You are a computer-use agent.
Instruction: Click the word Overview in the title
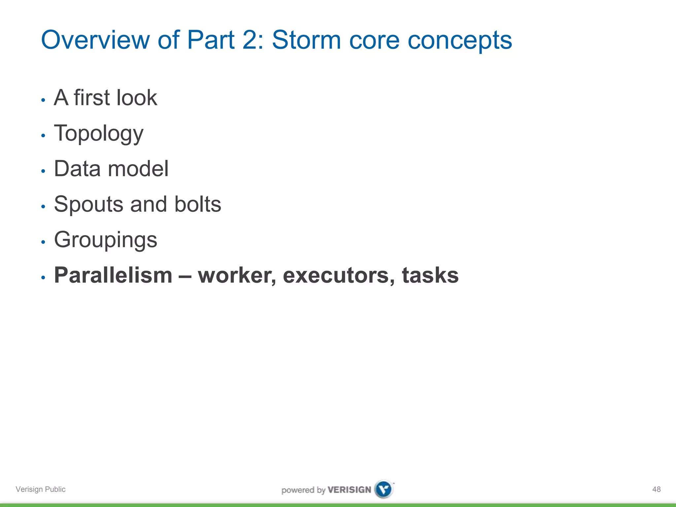click(95, 40)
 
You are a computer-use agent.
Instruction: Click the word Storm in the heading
click(306, 40)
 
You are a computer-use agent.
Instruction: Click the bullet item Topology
click(99, 134)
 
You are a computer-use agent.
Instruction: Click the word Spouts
click(88, 205)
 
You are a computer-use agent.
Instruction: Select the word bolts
click(197, 204)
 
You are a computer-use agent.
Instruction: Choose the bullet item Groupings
click(106, 240)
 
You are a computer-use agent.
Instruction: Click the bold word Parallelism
click(113, 275)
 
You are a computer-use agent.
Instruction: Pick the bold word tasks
click(430, 275)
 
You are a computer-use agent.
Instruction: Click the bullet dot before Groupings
click(43, 242)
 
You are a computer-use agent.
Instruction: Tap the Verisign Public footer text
click(41, 489)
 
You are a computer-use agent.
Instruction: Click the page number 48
click(656, 489)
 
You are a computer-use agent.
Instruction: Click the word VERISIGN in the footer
click(349, 490)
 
